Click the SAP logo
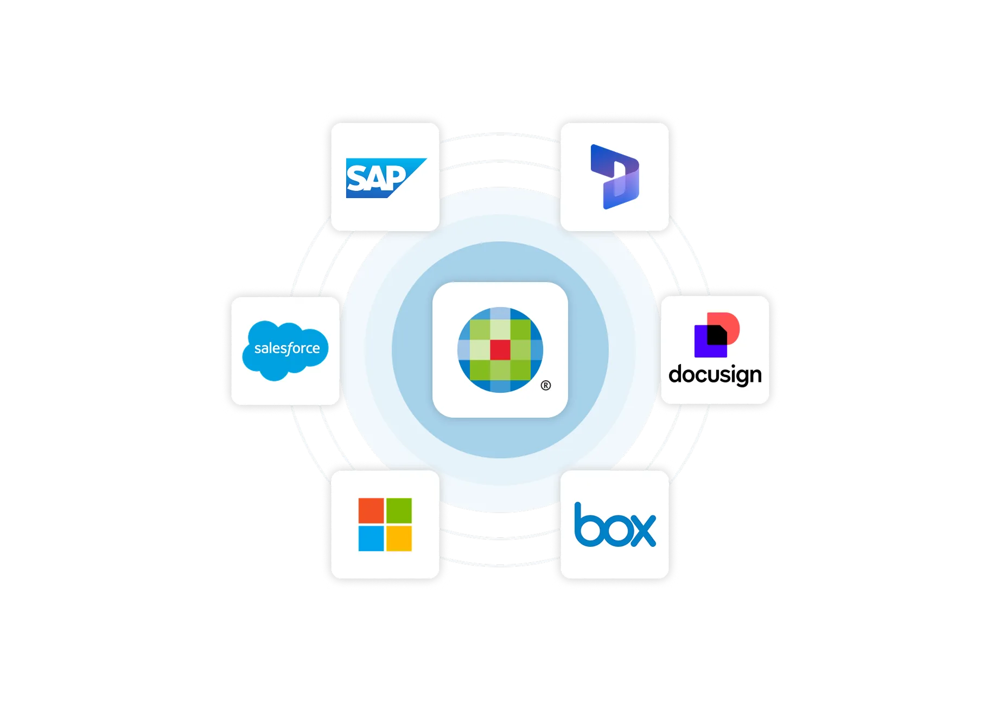coord(386,178)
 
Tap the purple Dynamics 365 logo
coord(615,177)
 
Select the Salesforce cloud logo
coord(285,350)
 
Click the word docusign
coord(715,374)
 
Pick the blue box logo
coord(615,525)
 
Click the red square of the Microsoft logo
coord(371,510)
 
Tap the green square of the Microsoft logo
coord(399,510)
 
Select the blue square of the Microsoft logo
coord(371,538)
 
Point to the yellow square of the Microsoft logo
coord(399,538)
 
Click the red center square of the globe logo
coord(500,350)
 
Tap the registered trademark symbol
coord(546,386)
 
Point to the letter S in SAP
coord(358,178)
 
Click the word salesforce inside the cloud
coord(287,348)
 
